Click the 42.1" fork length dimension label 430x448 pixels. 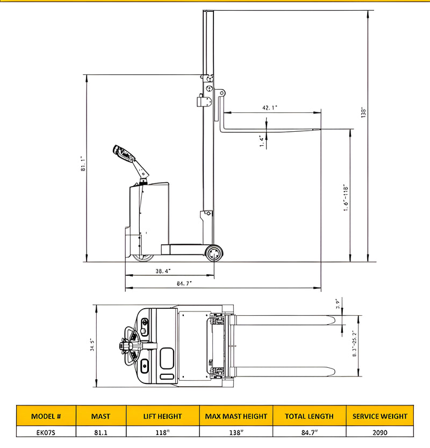click(270, 108)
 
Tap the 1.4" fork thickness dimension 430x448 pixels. click(262, 141)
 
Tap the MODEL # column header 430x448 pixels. click(46, 416)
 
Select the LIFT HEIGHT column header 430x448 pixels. click(162, 416)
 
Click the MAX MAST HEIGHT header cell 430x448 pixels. click(236, 416)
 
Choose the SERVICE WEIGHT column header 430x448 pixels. click(379, 416)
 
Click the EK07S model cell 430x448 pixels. click(46, 431)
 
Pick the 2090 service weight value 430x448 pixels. click(379, 431)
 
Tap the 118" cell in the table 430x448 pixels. click(162, 431)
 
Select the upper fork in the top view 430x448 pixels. click(285, 321)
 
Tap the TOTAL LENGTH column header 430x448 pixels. click(309, 416)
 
